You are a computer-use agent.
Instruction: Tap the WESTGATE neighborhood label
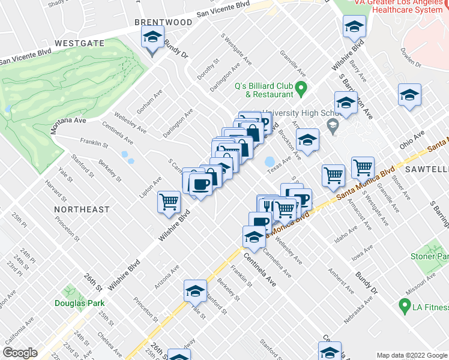[x=79, y=43]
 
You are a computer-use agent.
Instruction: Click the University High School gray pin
[x=331, y=124]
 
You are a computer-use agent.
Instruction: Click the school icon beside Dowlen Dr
[x=409, y=95]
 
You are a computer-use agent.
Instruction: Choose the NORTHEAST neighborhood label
[x=82, y=209]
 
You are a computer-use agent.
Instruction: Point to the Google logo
[x=20, y=353]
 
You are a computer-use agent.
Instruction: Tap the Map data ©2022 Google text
[x=412, y=355]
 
